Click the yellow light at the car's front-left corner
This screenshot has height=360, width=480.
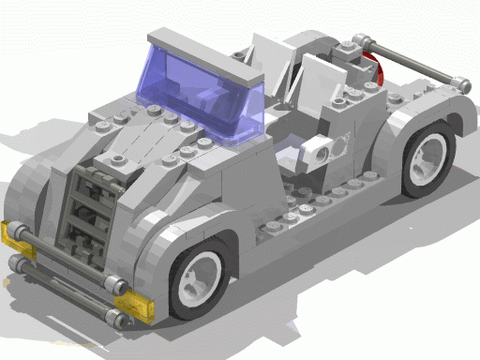pyautogui.click(x=17, y=233)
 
